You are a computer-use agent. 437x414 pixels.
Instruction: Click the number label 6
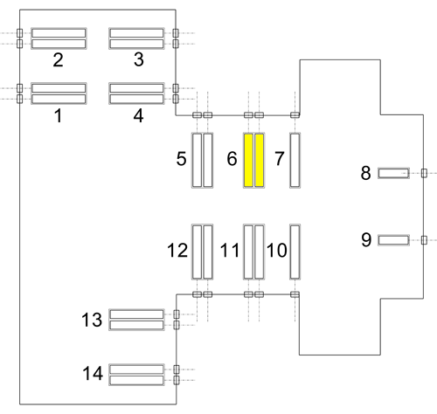point(232,159)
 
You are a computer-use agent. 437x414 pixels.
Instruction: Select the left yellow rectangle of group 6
point(248,160)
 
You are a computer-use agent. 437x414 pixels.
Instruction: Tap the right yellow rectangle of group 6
point(260,160)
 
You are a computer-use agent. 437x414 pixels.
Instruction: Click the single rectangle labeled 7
point(295,160)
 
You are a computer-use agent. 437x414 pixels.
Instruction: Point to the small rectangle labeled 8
point(393,173)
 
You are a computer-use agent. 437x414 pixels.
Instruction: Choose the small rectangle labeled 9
point(393,240)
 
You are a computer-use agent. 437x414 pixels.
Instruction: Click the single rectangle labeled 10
point(295,252)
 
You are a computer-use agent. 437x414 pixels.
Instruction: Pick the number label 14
point(93,373)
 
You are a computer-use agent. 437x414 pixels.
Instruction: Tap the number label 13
point(92,320)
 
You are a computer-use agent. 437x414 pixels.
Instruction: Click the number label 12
point(177,250)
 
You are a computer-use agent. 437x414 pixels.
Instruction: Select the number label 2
point(58,60)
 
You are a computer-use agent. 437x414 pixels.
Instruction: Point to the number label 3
point(139,59)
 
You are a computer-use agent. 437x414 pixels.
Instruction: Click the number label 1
point(59,115)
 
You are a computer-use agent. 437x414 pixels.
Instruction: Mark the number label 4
point(139,115)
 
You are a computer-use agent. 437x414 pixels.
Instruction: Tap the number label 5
point(181,159)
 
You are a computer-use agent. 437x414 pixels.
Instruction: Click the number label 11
point(230,250)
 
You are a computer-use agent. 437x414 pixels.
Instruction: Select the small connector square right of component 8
point(424,173)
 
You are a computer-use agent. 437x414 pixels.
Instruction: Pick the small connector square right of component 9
point(424,240)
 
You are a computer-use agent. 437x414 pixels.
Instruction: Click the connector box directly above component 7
point(295,115)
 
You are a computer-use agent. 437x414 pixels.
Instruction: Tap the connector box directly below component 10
point(295,294)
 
